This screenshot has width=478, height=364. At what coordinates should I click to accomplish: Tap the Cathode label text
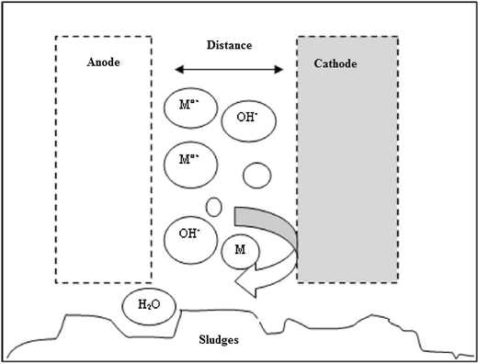pyautogui.click(x=334, y=64)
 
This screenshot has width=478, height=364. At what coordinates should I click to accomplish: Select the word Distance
pyautogui.click(x=230, y=44)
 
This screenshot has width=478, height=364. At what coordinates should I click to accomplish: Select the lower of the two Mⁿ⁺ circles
pyautogui.click(x=190, y=163)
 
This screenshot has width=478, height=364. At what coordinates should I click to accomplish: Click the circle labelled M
pyautogui.click(x=241, y=250)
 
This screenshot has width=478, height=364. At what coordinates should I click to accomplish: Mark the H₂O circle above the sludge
pyautogui.click(x=146, y=304)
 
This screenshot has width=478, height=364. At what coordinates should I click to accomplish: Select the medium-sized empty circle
pyautogui.click(x=256, y=174)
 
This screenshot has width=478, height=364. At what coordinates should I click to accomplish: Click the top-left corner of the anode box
pyautogui.click(x=56, y=37)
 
